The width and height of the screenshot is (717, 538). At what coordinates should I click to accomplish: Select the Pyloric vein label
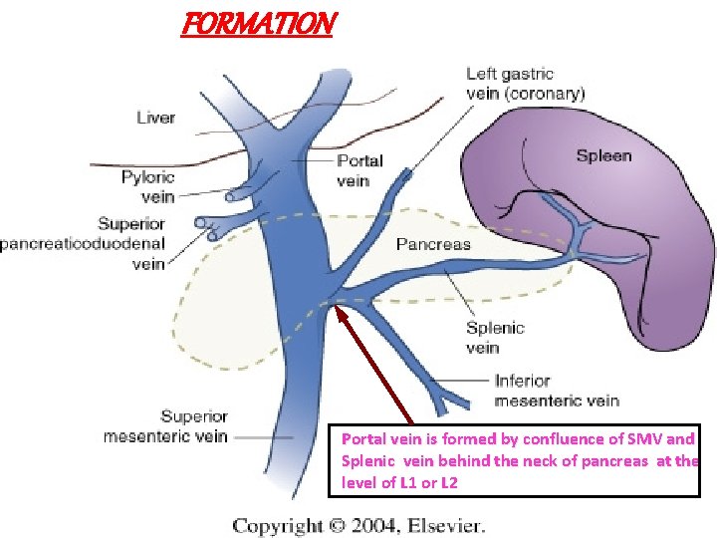(147, 186)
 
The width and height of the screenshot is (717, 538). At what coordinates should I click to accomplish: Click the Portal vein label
(359, 170)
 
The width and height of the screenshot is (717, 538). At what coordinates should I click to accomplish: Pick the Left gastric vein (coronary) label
(525, 84)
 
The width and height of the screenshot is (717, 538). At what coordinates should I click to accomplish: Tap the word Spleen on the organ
(603, 156)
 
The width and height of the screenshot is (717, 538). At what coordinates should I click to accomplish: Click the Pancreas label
(433, 244)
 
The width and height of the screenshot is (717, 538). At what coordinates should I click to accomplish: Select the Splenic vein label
(495, 338)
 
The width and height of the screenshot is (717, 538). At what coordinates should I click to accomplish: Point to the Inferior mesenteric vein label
(557, 391)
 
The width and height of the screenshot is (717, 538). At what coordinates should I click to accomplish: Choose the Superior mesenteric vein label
(165, 426)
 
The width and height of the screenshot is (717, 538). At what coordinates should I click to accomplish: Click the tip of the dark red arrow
(340, 308)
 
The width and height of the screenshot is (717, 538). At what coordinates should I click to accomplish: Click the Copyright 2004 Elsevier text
(358, 525)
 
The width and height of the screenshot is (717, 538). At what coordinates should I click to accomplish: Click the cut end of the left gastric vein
(405, 176)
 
